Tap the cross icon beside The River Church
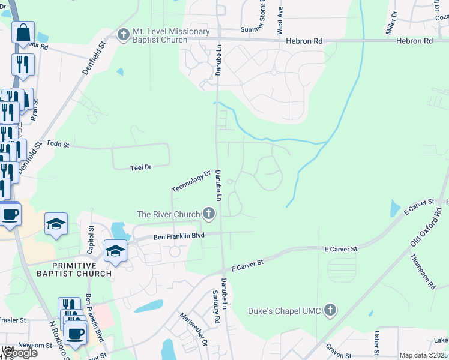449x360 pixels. coord(209,214)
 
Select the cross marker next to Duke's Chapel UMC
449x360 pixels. coord(329,310)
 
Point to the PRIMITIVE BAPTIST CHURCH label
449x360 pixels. coord(82,269)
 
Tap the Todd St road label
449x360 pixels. coord(58,145)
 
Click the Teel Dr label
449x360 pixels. coord(140,167)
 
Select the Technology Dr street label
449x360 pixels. coord(191,182)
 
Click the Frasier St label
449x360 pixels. coord(13,320)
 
